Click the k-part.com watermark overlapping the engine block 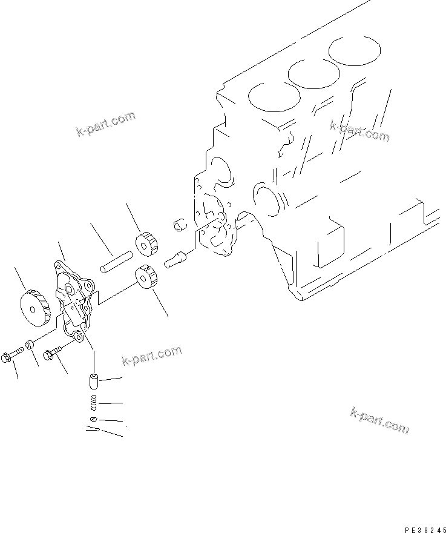coord(359,130)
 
